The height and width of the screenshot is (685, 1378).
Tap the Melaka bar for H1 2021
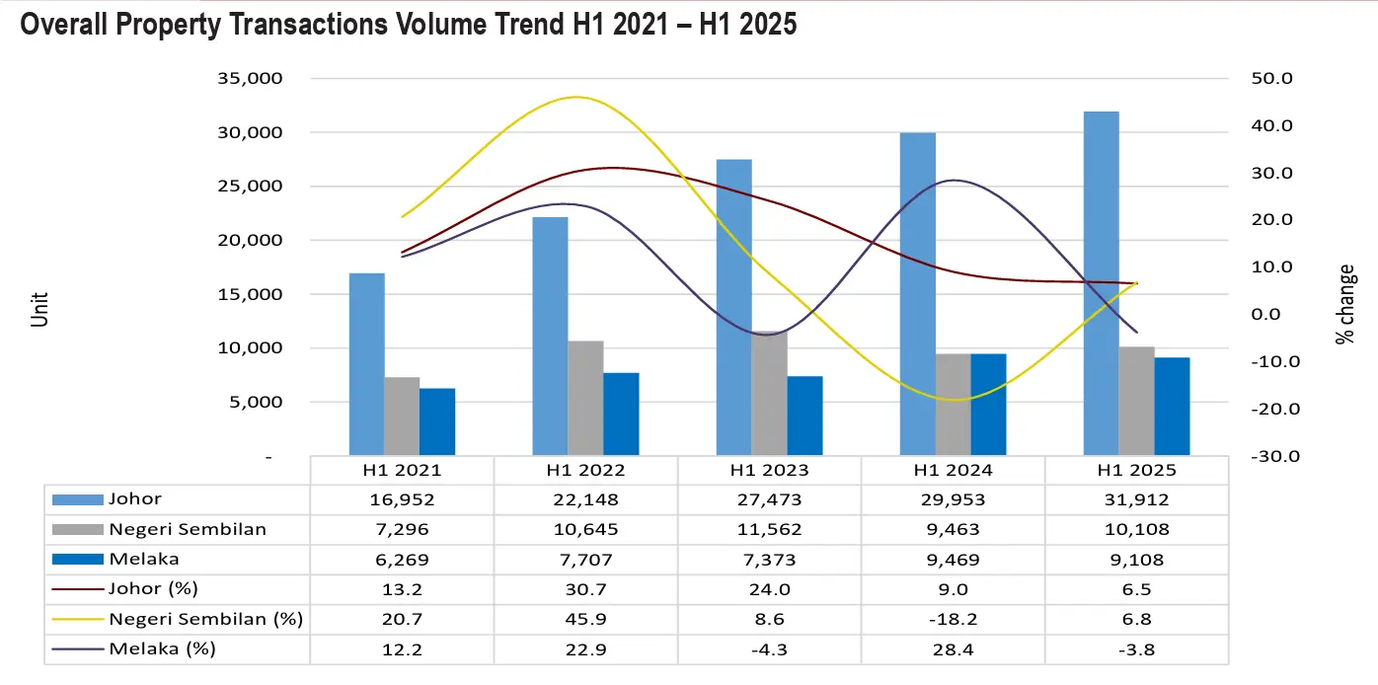pyautogui.click(x=437, y=422)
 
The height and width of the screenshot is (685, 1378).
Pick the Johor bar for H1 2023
pyautogui.click(x=733, y=307)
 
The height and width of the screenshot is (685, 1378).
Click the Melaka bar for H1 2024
pyautogui.click(x=988, y=405)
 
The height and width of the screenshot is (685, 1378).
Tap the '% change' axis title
pyautogui.click(x=1344, y=304)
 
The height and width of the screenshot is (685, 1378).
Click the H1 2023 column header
pyautogui.click(x=769, y=471)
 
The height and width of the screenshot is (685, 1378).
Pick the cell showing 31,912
pyautogui.click(x=1136, y=499)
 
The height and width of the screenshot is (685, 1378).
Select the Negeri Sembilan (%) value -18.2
pyautogui.click(x=953, y=619)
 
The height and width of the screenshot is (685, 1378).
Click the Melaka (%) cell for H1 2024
pyautogui.click(x=953, y=648)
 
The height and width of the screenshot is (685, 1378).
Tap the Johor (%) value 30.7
pyautogui.click(x=585, y=589)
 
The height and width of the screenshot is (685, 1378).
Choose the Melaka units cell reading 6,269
pyautogui.click(x=402, y=560)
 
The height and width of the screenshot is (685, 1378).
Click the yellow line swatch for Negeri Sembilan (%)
pyautogui.click(x=77, y=620)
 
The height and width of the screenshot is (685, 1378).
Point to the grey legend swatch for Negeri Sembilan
pyautogui.click(x=77, y=530)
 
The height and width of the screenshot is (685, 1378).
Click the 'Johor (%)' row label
pyautogui.click(x=154, y=589)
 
